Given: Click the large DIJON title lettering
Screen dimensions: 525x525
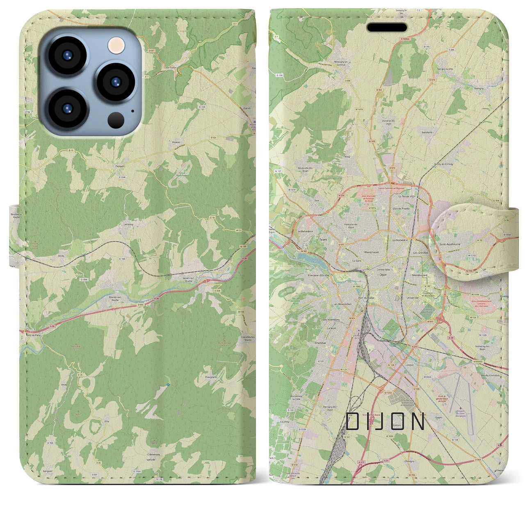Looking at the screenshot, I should pyautogui.click(x=385, y=422).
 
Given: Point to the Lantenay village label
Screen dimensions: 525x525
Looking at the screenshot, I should pyautogui.click(x=126, y=225).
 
